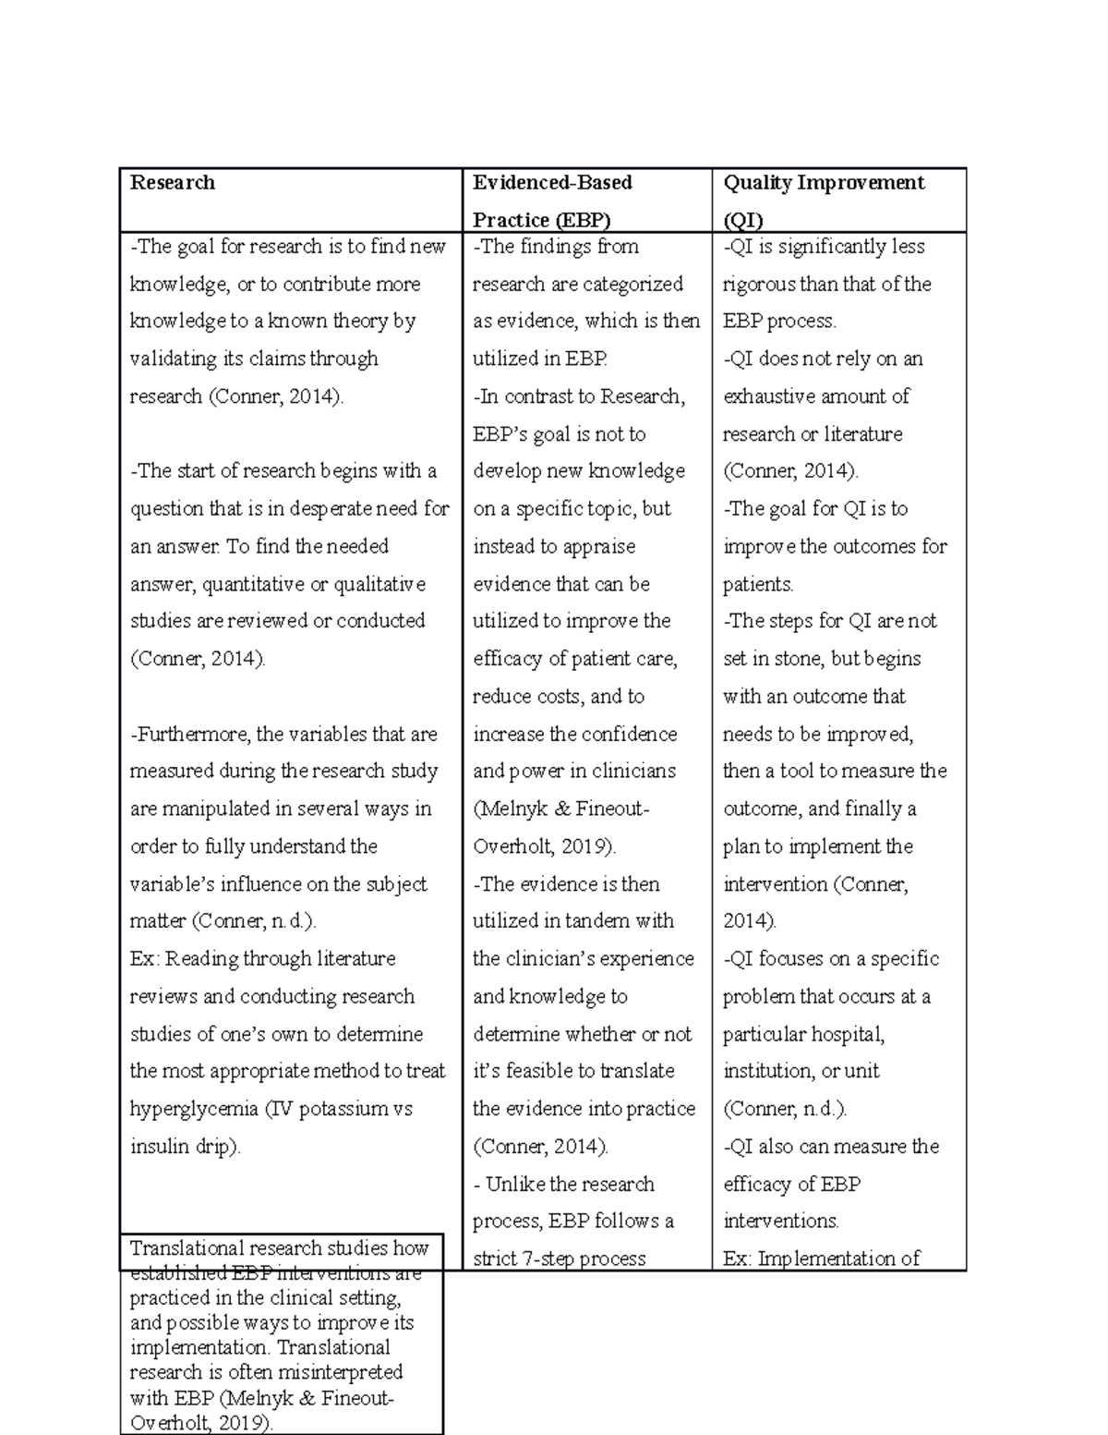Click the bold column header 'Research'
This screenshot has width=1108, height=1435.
[172, 183]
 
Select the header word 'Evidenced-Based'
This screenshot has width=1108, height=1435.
[552, 183]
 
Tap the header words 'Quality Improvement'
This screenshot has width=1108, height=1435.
[824, 183]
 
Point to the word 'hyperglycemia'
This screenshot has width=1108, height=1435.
[193, 1109]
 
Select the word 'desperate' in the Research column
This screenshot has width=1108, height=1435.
[332, 509]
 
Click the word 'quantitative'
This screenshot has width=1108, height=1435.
[256, 584]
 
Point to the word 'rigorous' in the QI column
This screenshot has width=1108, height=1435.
[760, 285]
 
